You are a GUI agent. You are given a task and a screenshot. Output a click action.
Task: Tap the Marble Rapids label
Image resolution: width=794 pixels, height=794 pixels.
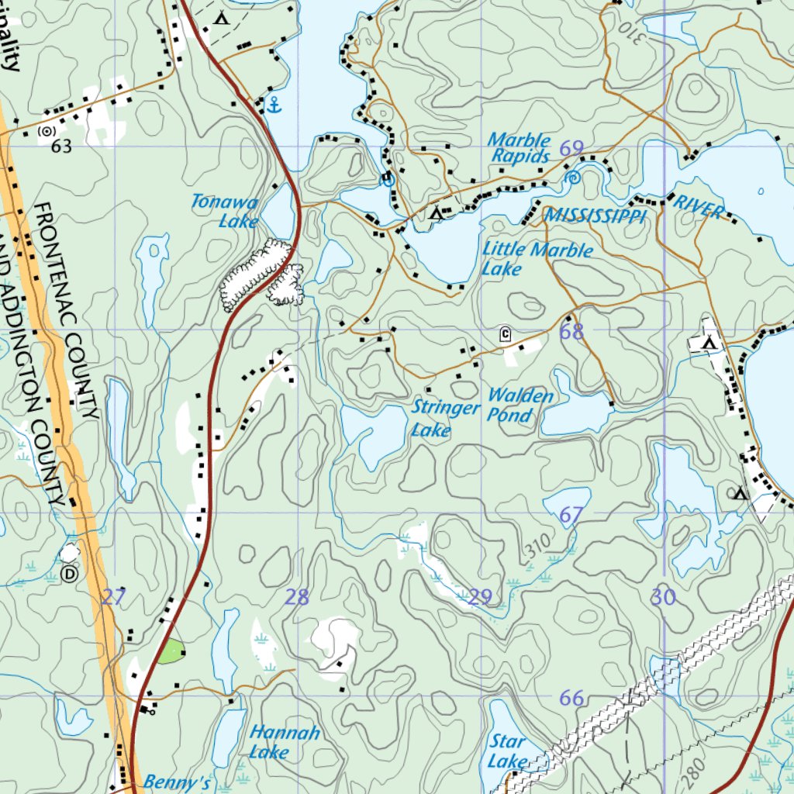(x=520, y=148)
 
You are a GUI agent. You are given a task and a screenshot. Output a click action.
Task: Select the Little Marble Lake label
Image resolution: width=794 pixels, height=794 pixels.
(x=537, y=259)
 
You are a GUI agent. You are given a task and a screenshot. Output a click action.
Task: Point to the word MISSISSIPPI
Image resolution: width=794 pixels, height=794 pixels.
(x=595, y=215)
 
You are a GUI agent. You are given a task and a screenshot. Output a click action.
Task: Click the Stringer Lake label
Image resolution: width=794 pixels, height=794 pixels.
(x=445, y=417)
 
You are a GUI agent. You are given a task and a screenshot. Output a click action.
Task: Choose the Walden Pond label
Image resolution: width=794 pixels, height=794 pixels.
(x=520, y=405)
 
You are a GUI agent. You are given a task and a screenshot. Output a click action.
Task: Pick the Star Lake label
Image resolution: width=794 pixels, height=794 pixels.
(x=508, y=751)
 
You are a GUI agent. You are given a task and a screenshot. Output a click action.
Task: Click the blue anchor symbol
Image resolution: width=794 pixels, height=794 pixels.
(x=273, y=105)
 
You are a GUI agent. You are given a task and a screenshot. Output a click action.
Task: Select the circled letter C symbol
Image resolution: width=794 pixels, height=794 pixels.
(x=506, y=335)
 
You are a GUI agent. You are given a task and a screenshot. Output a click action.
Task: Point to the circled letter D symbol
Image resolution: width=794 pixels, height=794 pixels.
(x=70, y=574)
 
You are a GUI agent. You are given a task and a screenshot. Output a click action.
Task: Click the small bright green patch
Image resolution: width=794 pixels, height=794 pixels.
(x=171, y=652)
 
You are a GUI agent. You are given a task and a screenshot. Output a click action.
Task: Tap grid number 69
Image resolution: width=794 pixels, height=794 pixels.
(x=571, y=148)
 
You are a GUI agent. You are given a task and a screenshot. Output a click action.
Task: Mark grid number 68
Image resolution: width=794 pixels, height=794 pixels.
(x=571, y=333)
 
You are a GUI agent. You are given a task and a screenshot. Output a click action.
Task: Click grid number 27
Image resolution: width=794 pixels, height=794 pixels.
(x=113, y=596)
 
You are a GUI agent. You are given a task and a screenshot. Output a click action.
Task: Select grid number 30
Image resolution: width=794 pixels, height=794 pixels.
(x=663, y=596)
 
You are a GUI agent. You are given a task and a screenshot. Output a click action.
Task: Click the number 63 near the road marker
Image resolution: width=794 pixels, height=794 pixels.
(x=61, y=147)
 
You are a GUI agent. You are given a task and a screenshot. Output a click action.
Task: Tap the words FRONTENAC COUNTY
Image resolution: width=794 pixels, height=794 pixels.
(x=67, y=310)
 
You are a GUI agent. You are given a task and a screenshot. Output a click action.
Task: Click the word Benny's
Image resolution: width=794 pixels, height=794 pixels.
(x=177, y=782)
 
